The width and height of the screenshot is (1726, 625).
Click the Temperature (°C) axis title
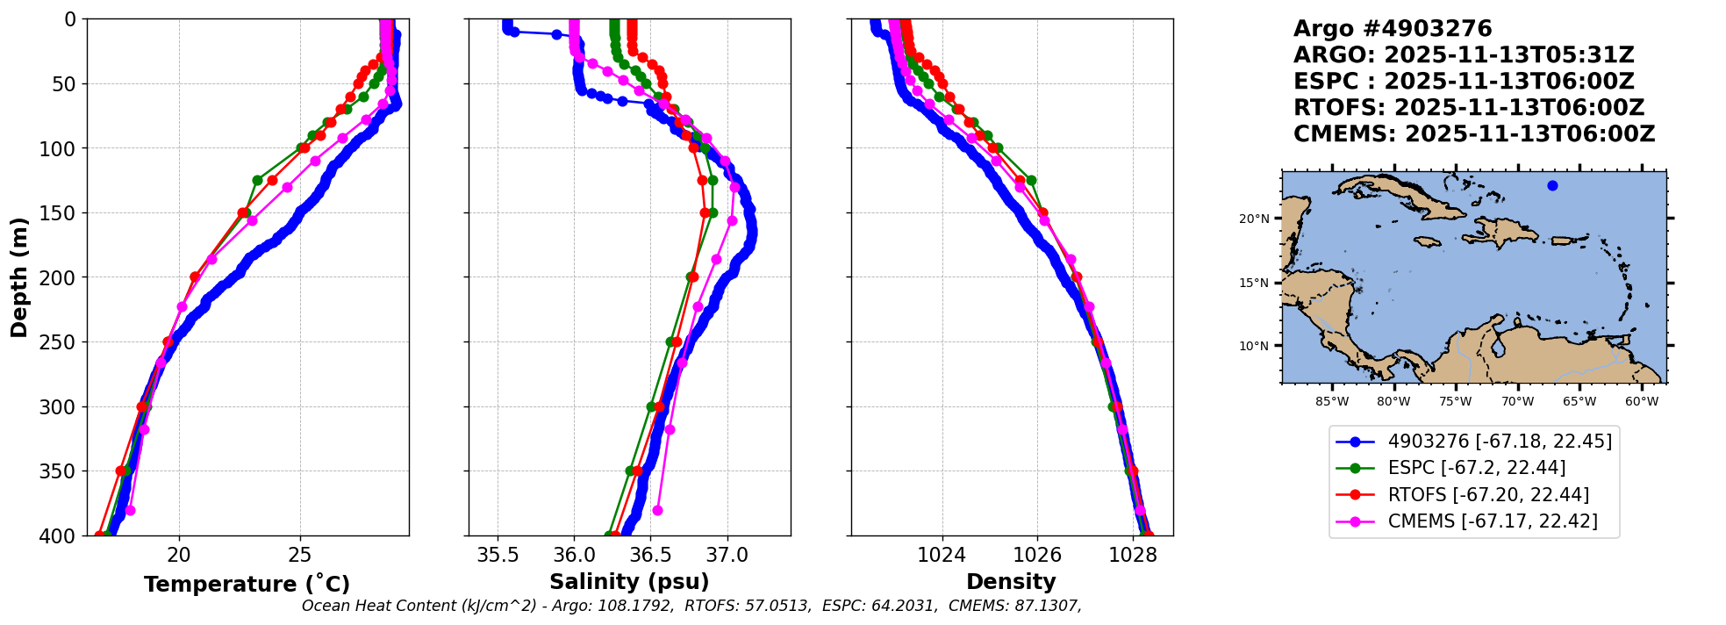(247, 584)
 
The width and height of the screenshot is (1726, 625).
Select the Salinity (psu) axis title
(629, 582)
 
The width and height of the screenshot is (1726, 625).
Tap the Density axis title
(1011, 582)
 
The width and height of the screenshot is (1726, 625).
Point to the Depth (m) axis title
(19, 277)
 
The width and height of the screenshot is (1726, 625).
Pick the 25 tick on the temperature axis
(300, 555)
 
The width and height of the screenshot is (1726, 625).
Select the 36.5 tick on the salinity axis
(650, 555)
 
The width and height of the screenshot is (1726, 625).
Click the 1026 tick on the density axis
(1037, 555)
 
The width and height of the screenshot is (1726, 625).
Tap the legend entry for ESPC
(1476, 468)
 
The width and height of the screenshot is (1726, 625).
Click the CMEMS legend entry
(1492, 521)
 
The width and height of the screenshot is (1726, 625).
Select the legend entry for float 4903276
(1499, 442)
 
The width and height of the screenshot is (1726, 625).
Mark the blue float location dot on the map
(1552, 185)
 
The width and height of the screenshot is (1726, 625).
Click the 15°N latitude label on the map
(1254, 283)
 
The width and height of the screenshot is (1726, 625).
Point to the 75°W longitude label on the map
(1455, 402)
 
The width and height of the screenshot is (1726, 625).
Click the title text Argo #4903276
(1392, 29)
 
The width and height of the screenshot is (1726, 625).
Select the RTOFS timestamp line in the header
(1468, 108)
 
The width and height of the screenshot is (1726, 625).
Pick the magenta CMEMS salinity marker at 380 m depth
(657, 510)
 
